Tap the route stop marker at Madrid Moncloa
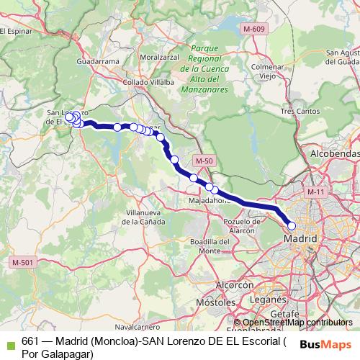292,226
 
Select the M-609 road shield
253,29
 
